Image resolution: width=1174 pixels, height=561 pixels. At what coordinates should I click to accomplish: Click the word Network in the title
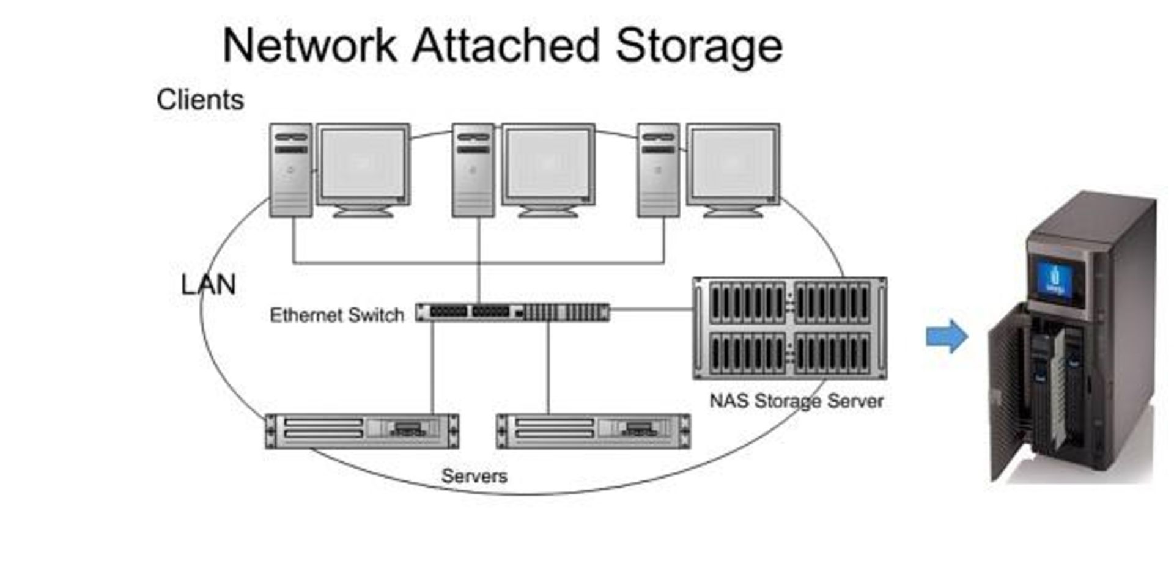(x=309, y=46)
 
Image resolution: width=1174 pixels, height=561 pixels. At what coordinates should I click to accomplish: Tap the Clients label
(x=200, y=100)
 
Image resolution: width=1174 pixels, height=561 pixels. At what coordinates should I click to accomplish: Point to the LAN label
(x=209, y=285)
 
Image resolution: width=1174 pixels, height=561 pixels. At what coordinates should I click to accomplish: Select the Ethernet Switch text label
(x=337, y=315)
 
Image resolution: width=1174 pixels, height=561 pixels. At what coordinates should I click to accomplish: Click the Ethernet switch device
(x=512, y=312)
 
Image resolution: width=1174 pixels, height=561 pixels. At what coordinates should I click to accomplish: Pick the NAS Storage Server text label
(x=796, y=401)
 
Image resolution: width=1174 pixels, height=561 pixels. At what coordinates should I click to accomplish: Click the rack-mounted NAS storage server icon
(x=789, y=328)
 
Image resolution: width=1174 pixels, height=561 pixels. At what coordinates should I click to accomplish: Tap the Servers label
(x=474, y=476)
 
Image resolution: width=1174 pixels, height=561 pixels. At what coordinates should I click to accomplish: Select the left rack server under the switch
(x=362, y=431)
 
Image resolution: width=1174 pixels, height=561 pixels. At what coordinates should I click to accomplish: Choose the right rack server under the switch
(x=593, y=431)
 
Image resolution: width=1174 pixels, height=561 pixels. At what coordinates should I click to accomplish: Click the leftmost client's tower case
(x=291, y=170)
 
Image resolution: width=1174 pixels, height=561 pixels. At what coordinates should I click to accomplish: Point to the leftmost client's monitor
(x=363, y=166)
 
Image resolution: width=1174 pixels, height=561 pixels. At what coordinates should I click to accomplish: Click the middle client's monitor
(x=548, y=166)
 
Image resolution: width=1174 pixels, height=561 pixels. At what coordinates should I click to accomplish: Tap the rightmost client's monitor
(x=733, y=166)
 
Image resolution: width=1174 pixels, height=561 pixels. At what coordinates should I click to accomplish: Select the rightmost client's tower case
(x=658, y=170)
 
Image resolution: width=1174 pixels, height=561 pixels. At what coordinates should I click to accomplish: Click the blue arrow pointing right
(x=947, y=336)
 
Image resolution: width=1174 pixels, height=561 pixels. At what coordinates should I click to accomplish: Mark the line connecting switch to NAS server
(x=651, y=310)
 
